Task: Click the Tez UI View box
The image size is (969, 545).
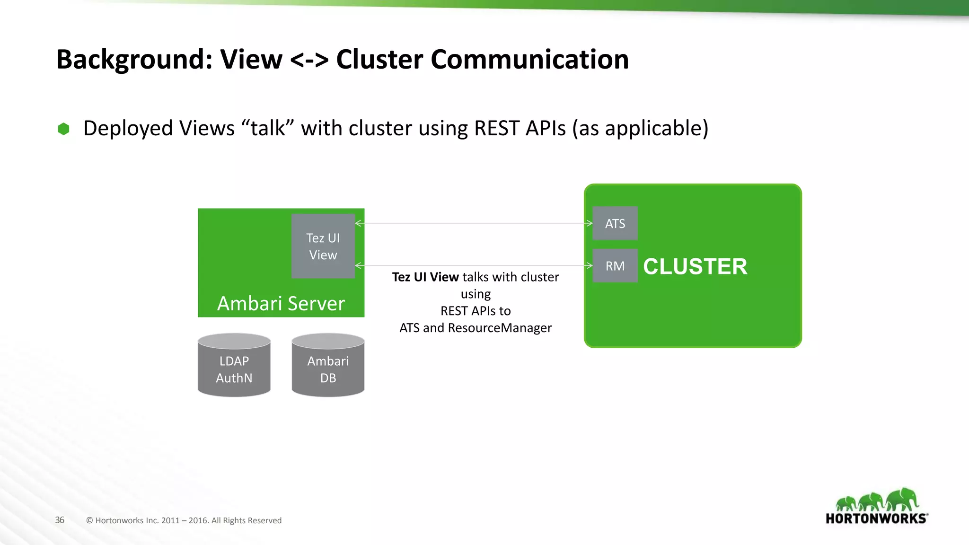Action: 323,246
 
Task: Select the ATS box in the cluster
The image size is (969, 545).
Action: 615,223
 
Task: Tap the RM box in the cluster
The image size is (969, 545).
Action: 615,266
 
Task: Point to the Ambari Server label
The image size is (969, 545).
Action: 281,303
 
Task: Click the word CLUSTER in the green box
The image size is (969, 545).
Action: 695,266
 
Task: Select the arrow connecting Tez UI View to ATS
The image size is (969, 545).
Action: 473,223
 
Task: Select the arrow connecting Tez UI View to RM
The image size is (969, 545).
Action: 473,266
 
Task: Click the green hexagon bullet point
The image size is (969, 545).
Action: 63,129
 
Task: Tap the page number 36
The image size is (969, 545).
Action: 60,520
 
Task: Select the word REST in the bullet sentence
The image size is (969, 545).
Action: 496,128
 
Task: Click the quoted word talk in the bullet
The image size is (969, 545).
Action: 268,128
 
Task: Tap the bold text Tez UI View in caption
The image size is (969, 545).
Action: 425,277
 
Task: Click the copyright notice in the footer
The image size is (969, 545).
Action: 184,520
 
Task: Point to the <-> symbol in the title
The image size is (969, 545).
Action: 309,61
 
